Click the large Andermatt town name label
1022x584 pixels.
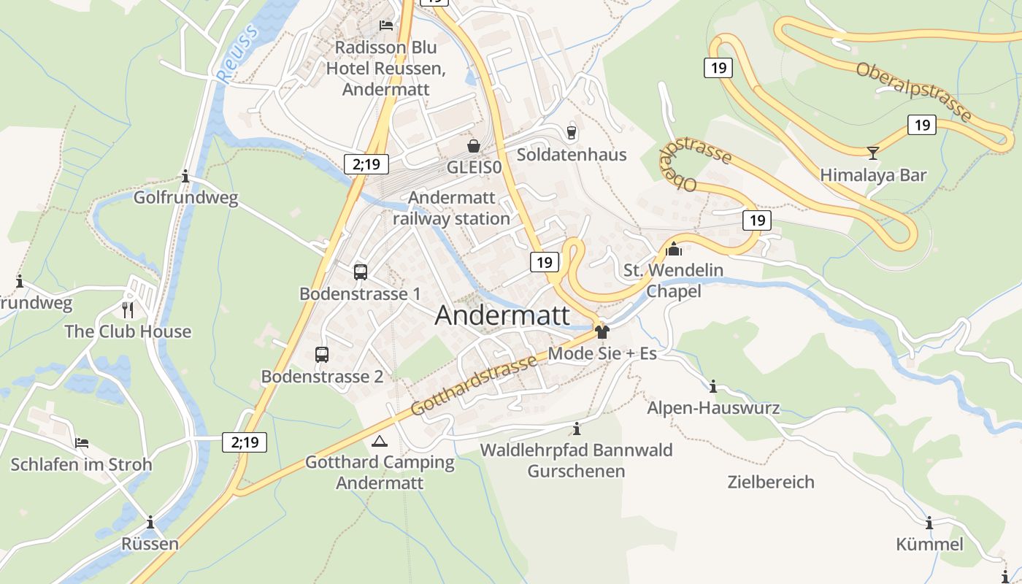pyautogui.click(x=502, y=315)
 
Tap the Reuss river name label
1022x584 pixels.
pyautogui.click(x=238, y=54)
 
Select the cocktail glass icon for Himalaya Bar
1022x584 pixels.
pyautogui.click(x=872, y=153)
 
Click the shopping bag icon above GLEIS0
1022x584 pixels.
pyautogui.click(x=474, y=146)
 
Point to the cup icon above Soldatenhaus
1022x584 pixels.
pyautogui.click(x=572, y=132)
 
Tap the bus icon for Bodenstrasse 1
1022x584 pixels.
pyautogui.click(x=360, y=272)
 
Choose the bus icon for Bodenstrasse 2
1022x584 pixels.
pyautogui.click(x=322, y=355)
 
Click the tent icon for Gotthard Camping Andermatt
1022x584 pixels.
pyautogui.click(x=380, y=441)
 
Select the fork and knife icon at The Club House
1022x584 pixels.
pyautogui.click(x=128, y=310)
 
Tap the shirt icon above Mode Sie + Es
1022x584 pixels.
pyautogui.click(x=602, y=332)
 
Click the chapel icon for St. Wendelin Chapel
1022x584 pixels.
pyautogui.click(x=674, y=250)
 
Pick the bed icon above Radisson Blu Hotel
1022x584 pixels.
pyautogui.click(x=386, y=26)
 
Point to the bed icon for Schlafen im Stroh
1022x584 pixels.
pyautogui.click(x=82, y=443)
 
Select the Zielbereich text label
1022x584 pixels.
pyautogui.click(x=771, y=482)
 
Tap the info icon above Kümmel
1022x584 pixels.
pyautogui.click(x=929, y=523)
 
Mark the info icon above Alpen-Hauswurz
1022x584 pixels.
pyautogui.click(x=713, y=386)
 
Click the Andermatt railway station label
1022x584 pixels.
pyautogui.click(x=451, y=208)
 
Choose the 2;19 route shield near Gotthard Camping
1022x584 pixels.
pyautogui.click(x=245, y=442)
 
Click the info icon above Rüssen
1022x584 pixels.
pyautogui.click(x=150, y=523)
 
